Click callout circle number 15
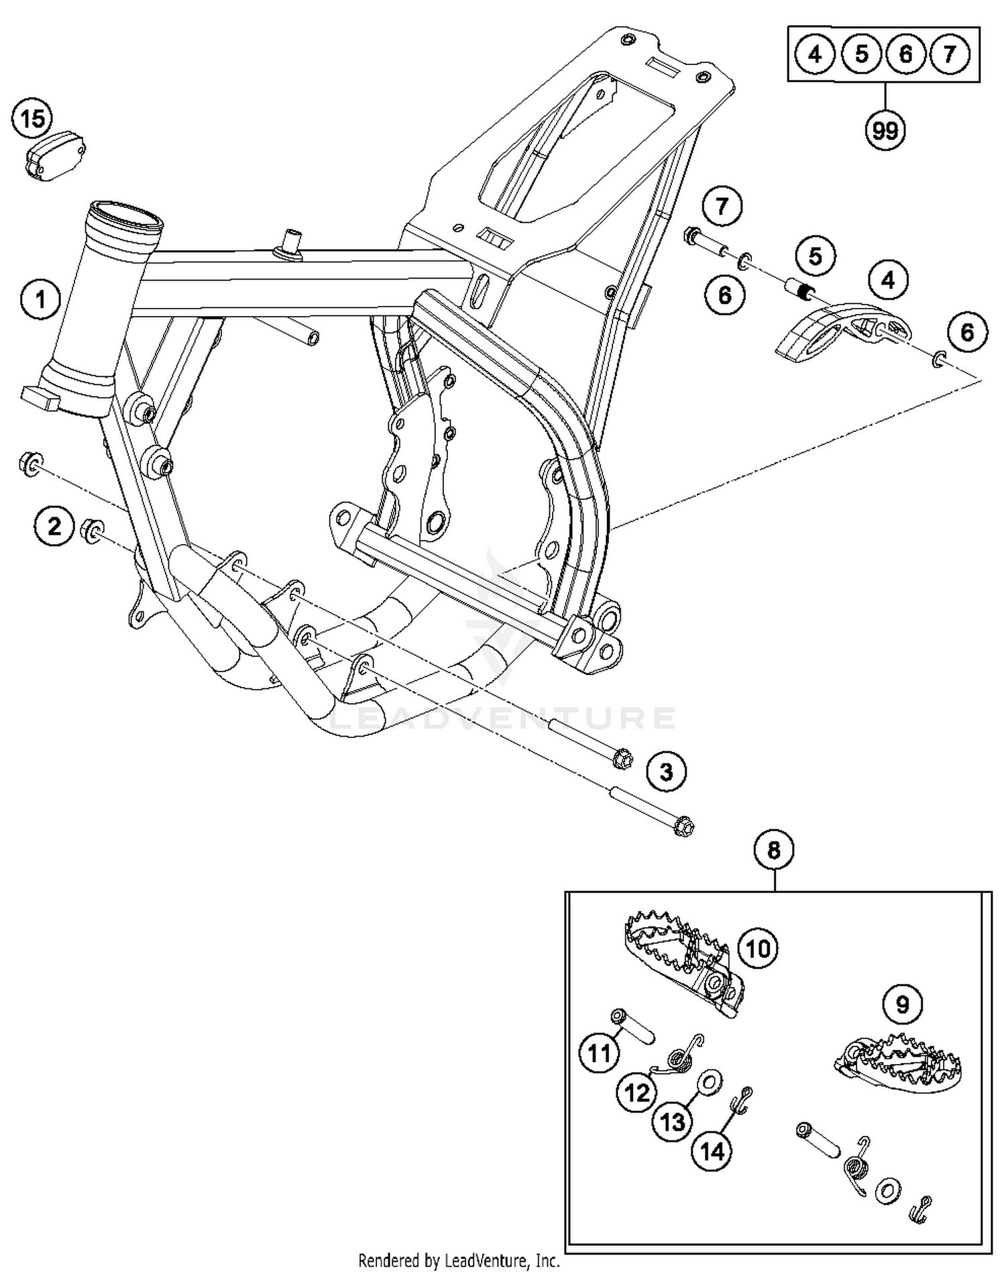pyautogui.click(x=32, y=120)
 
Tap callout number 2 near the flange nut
pyautogui.click(x=54, y=525)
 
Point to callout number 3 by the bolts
pyautogui.click(x=666, y=772)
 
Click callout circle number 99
pyautogui.click(x=885, y=130)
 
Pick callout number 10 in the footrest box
pyautogui.click(x=758, y=949)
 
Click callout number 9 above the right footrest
pyautogui.click(x=903, y=1004)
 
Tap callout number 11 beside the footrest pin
pyautogui.click(x=599, y=1053)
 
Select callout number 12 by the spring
pyautogui.click(x=636, y=1093)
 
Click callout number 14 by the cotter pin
pyautogui.click(x=712, y=1151)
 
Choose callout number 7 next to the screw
pyautogui.click(x=722, y=206)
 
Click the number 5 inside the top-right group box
pyautogui.click(x=861, y=53)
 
